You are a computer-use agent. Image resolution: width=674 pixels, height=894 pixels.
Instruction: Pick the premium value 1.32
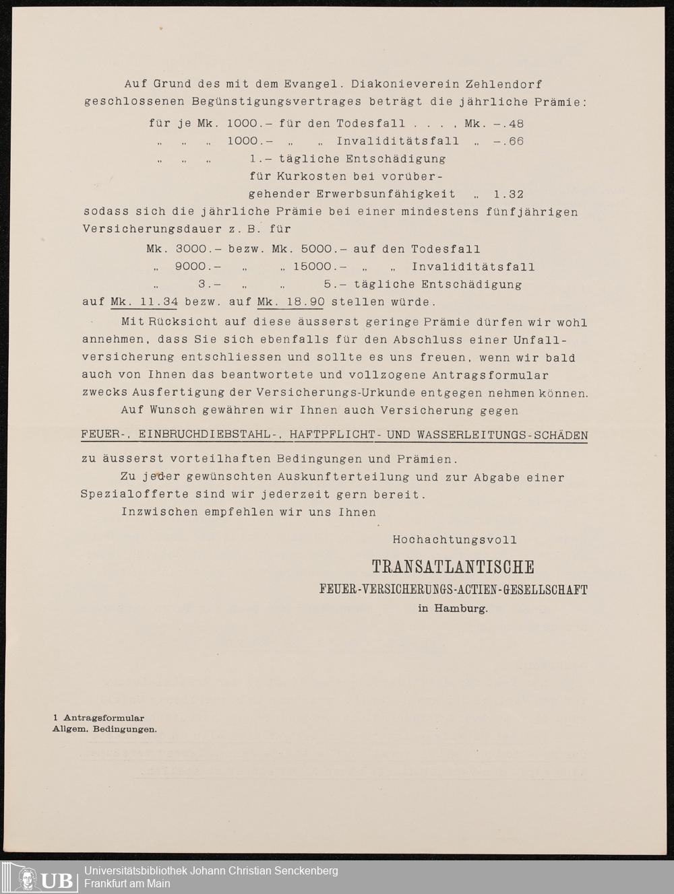coord(509,194)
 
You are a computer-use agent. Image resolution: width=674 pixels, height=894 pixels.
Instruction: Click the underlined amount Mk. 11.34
coord(144,302)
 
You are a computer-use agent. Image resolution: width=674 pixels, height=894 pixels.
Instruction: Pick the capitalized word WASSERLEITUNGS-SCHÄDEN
coord(503,436)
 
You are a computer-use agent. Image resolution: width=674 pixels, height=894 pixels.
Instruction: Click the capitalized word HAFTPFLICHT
coord(332,436)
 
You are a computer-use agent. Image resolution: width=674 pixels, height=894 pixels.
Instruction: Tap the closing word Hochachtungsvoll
coord(455,539)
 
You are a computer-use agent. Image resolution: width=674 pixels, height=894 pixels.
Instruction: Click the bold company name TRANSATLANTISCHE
coord(453,567)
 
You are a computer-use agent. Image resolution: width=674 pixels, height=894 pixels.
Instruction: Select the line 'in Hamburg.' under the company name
coord(453,608)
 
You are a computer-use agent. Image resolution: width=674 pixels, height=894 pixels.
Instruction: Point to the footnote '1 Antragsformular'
coord(98,718)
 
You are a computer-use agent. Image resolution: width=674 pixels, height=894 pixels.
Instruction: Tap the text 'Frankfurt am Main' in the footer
coord(127,884)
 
